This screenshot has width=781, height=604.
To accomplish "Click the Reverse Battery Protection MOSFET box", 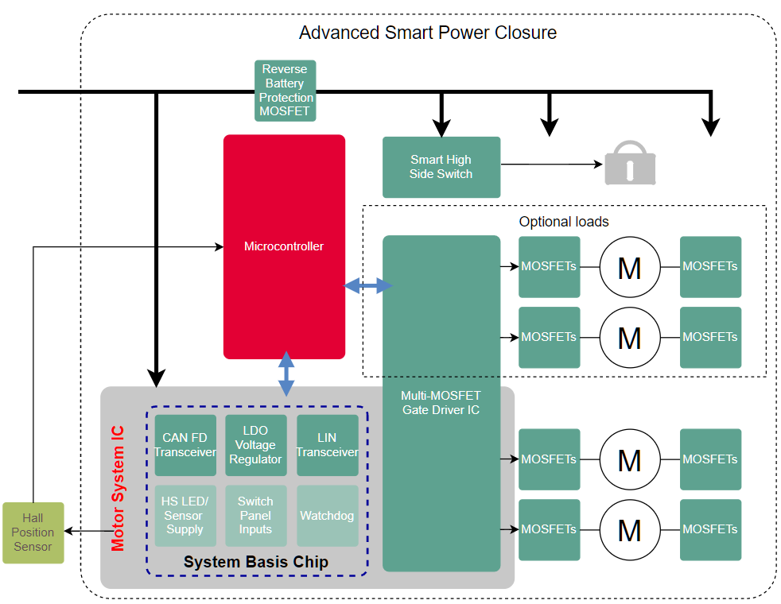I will [x=285, y=91].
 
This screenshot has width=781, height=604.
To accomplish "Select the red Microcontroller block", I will [x=284, y=246].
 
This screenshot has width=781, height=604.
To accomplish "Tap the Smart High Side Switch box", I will [x=441, y=167].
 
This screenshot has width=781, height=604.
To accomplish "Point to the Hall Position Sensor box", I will [x=33, y=532].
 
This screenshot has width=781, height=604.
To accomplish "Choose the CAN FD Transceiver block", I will [x=185, y=445].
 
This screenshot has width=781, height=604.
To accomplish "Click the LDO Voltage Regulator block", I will [x=255, y=445].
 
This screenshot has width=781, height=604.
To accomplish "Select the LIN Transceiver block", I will [x=327, y=445].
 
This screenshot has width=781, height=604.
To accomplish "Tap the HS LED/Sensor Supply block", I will [x=185, y=515].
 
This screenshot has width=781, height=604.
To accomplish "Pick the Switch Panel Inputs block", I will [x=255, y=515].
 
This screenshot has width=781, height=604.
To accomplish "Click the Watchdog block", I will [x=327, y=515].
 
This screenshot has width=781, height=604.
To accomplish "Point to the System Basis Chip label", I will [x=255, y=562].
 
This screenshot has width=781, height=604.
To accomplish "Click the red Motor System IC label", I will [x=118, y=488].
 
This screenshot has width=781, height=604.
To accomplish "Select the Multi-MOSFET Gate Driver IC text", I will [x=441, y=402].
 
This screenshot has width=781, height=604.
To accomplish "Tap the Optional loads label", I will [x=563, y=222].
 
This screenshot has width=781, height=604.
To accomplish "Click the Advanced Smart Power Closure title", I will [x=427, y=33].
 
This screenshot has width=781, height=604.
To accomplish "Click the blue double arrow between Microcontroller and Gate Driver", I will [x=368, y=285].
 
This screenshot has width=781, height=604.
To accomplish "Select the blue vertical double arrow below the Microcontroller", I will [x=286, y=373].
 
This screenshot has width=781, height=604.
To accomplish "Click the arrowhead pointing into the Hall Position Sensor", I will [x=70, y=531].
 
